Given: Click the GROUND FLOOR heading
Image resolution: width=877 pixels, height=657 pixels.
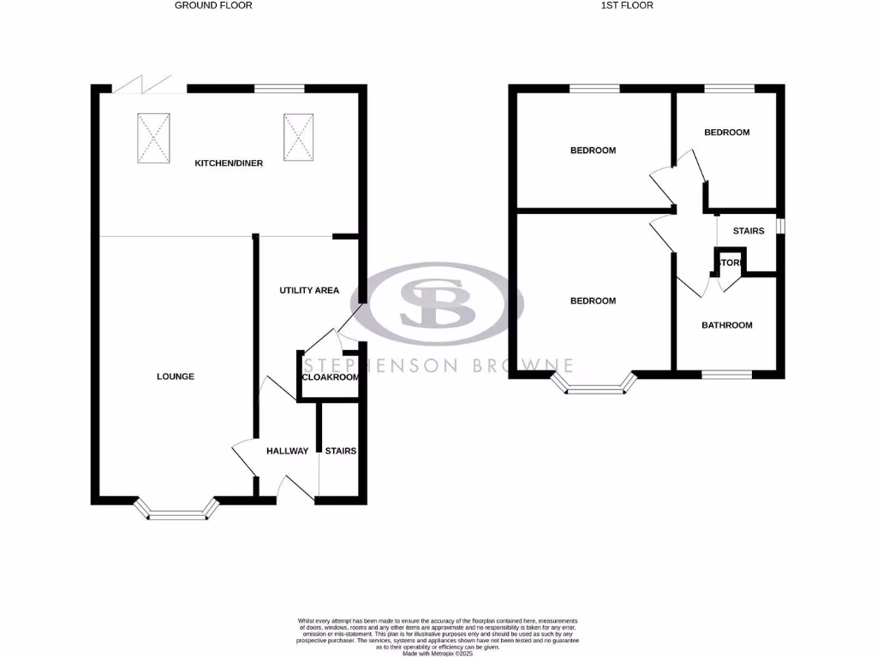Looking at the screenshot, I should pos(213,5).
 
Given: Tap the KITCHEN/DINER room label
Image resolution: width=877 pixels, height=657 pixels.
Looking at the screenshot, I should pos(229,163).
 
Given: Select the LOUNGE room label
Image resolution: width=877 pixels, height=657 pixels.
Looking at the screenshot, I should pos(176,376).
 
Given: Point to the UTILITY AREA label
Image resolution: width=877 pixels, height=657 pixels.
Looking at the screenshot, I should pos(309,291).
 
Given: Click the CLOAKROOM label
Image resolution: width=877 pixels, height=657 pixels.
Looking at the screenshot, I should pos(330,376).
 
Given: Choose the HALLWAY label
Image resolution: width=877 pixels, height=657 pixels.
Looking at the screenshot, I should pos(287,451).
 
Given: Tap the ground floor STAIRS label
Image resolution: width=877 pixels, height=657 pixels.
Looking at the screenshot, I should pos(340,451).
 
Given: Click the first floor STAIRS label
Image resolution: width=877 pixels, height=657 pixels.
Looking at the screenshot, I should pos(748,231).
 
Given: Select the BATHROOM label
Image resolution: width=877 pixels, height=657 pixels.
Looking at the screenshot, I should pos(727,325).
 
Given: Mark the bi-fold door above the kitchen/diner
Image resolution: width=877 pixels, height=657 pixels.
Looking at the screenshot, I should pos(140,84).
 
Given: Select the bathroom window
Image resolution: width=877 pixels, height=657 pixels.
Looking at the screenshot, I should pos(727,374).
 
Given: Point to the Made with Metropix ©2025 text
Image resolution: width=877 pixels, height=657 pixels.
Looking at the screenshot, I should pos(438,653).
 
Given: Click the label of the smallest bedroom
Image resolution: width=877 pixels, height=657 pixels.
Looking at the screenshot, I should pos(726,133).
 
